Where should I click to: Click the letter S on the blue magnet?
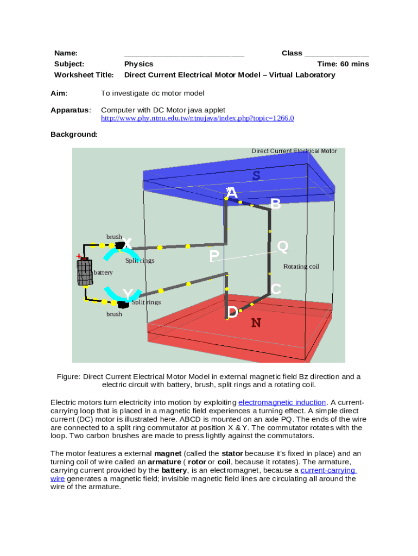click(x=256, y=175)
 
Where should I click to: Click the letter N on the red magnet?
click(x=256, y=323)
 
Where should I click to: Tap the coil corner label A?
click(x=232, y=193)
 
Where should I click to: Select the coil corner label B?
click(x=276, y=204)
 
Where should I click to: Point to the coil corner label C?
click(x=276, y=289)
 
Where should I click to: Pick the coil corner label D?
click(x=232, y=312)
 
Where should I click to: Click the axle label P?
click(x=214, y=256)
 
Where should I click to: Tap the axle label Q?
click(x=282, y=247)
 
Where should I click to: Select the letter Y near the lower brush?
click(x=127, y=294)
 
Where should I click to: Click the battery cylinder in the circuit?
click(x=84, y=272)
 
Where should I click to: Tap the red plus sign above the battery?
click(x=79, y=256)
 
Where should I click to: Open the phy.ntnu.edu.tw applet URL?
click(x=198, y=118)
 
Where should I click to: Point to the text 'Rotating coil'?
click(x=301, y=267)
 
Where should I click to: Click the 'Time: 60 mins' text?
click(x=343, y=64)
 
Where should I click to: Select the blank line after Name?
click(x=184, y=53)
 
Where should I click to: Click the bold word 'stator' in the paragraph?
click(x=232, y=453)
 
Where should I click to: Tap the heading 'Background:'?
click(x=74, y=134)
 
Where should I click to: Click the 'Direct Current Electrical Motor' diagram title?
click(x=294, y=151)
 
